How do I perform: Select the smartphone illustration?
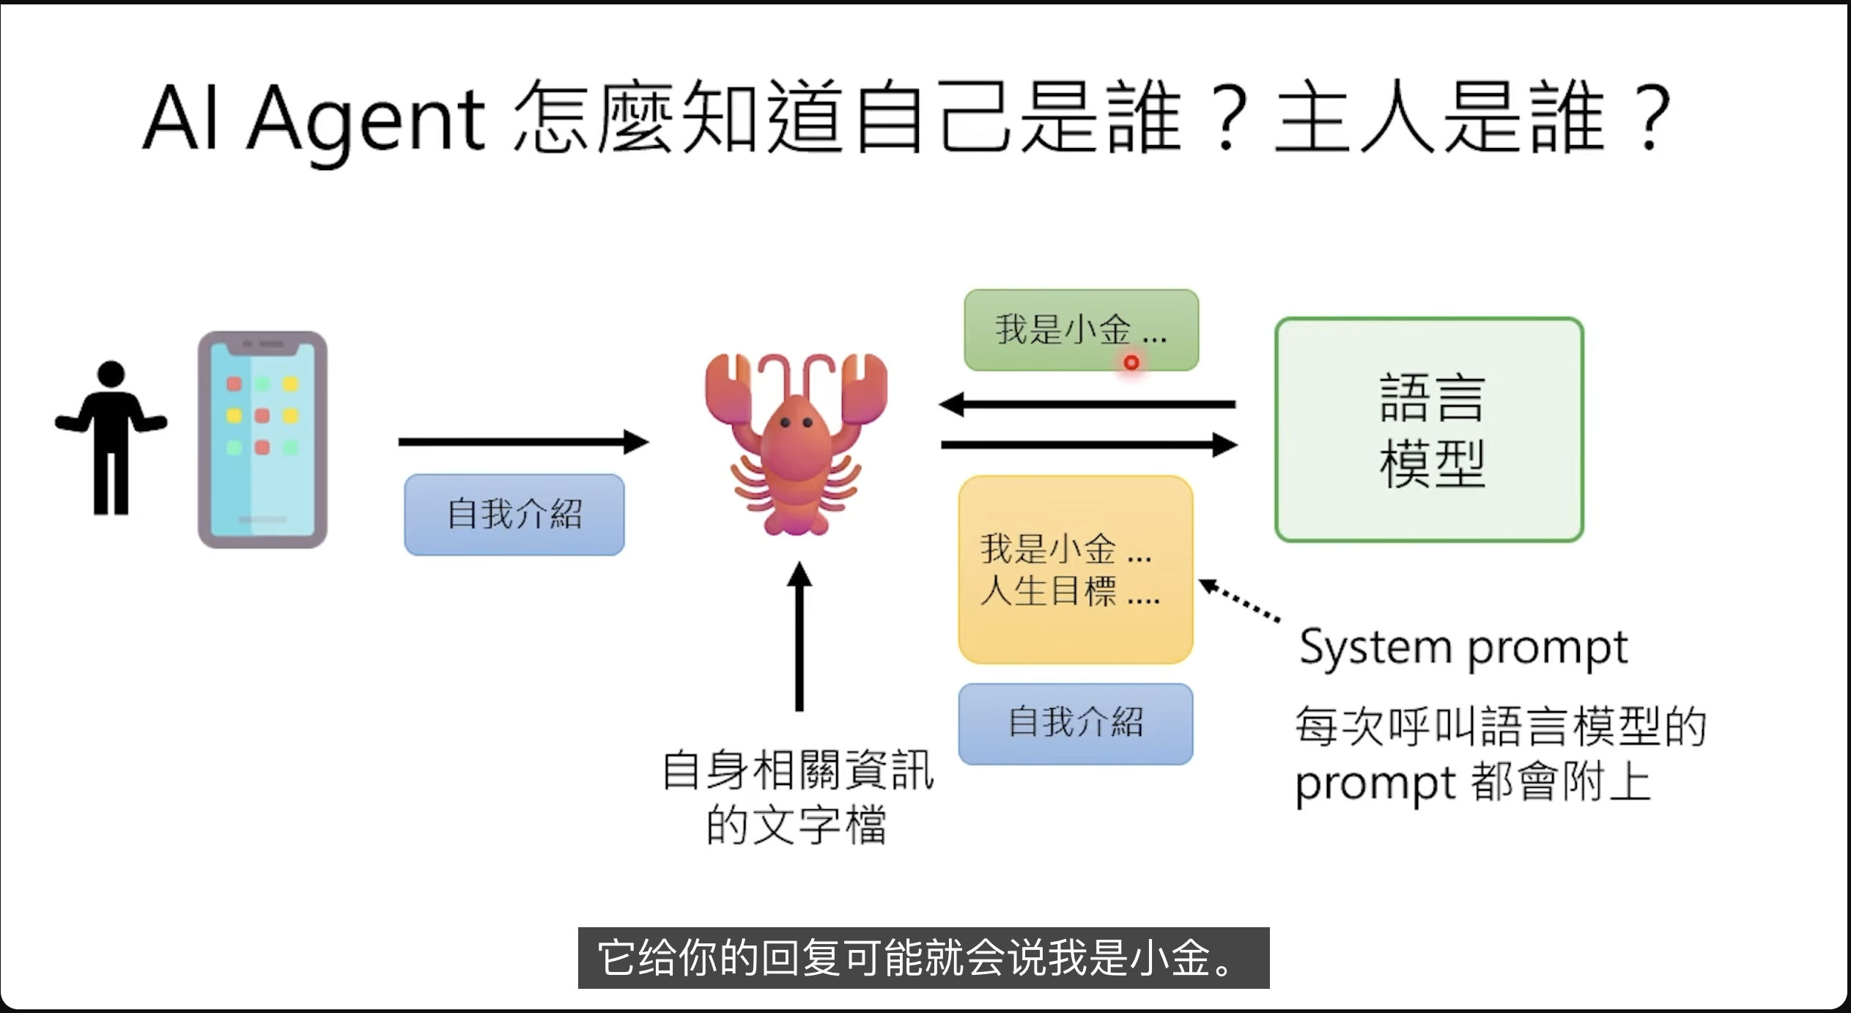[262, 440]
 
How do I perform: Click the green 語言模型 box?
[1429, 430]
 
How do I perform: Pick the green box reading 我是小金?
[1081, 330]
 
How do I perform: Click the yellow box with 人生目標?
[1075, 570]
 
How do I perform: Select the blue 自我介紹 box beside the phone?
[514, 515]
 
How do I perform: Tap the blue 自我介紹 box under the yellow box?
[1075, 723]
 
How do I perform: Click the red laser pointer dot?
[1131, 362]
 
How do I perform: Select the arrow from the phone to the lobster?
[523, 442]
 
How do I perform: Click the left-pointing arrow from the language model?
[1087, 404]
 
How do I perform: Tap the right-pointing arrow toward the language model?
[1089, 445]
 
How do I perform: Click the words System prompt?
[1463, 649]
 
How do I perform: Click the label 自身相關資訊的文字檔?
[797, 797]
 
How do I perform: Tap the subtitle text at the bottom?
[923, 958]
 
